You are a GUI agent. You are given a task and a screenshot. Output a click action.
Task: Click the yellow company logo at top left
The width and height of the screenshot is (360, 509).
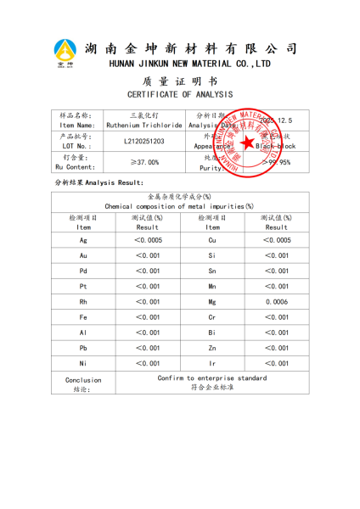(65, 52)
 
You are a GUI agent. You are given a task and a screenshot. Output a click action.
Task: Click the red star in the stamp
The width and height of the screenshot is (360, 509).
(248, 142)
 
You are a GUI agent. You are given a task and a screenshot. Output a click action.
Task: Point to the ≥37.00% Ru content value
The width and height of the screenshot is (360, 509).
(144, 162)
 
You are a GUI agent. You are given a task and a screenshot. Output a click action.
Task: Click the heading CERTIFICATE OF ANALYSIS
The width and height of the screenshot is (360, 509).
(180, 94)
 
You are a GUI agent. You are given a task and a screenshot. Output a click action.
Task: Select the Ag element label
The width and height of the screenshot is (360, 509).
(83, 240)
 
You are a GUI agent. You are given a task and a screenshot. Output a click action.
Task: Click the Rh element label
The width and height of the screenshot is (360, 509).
(83, 301)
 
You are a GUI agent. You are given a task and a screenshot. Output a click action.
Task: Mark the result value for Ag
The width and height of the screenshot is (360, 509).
(148, 240)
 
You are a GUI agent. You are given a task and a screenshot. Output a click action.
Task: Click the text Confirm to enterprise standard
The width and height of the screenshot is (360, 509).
(212, 378)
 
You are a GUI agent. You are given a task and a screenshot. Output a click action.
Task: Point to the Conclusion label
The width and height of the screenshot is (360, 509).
(83, 380)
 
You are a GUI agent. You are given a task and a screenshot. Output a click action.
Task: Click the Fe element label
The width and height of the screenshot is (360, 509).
(83, 316)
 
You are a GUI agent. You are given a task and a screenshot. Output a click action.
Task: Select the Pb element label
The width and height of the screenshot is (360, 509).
(83, 347)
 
